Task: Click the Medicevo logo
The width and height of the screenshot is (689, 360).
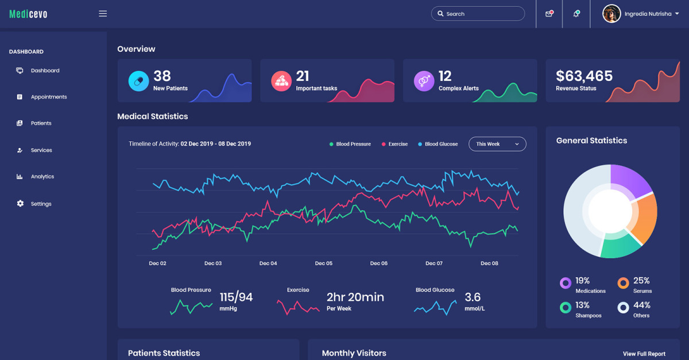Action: [x=28, y=14]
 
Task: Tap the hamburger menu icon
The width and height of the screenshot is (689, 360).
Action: [x=103, y=14]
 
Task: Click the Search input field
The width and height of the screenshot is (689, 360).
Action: [x=478, y=14]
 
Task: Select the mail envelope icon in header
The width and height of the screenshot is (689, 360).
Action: [x=549, y=14]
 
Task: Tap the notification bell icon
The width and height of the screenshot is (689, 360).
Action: [x=576, y=14]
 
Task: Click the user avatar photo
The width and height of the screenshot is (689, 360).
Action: [x=611, y=14]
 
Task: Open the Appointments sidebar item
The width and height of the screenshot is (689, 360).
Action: [x=48, y=97]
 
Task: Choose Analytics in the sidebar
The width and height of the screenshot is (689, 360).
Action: [x=42, y=177]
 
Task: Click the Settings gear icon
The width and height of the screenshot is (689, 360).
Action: [x=21, y=204]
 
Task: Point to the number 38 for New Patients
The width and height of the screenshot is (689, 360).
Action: [x=162, y=76]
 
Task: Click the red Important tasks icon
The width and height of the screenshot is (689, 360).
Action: [x=281, y=81]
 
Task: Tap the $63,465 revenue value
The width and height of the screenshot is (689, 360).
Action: [x=584, y=76]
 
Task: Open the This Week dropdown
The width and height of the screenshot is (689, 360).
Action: [x=497, y=144]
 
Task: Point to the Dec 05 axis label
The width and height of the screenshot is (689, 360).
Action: [x=324, y=264]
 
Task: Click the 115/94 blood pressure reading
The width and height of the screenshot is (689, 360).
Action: [x=236, y=297]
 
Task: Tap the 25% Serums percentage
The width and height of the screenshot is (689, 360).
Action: [x=641, y=281]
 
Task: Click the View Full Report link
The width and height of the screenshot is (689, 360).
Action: [x=644, y=354]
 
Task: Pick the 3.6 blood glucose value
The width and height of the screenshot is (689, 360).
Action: [x=473, y=297]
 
